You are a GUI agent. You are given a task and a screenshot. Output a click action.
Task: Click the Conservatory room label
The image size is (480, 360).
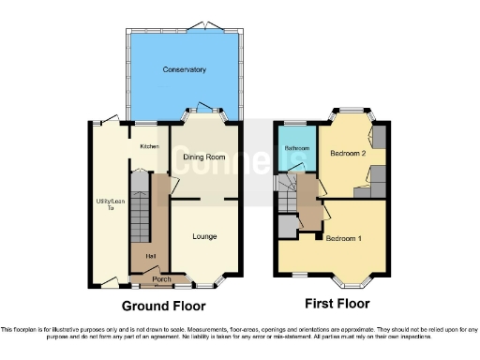pyautogui.click(x=184, y=70)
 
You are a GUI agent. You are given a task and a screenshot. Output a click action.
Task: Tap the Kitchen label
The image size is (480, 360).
pyautogui.click(x=149, y=146)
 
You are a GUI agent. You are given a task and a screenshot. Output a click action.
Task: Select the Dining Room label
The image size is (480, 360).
pyautogui.click(x=203, y=157)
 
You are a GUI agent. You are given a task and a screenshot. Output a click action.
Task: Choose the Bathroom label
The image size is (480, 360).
pyautogui.click(x=297, y=148)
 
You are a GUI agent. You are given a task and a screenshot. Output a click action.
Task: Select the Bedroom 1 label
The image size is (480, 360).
pyautogui.click(x=344, y=238)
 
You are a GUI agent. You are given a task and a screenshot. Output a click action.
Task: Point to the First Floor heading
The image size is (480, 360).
pyautogui.click(x=337, y=304)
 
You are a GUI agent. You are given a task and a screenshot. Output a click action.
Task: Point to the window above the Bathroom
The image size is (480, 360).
pyautogui.click(x=297, y=122)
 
